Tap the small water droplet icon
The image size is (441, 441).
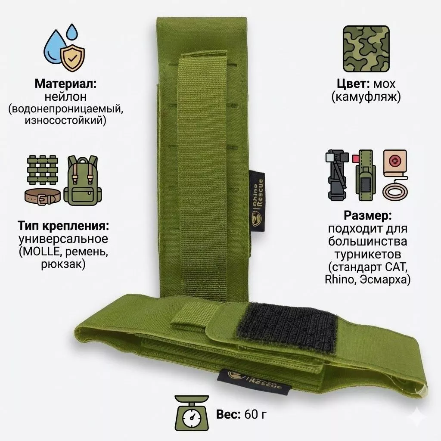[72, 31]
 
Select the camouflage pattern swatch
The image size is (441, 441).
[366, 49]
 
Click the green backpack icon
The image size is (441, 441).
[83, 180]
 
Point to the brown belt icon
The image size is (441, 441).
[43, 196]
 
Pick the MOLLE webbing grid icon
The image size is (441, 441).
[43, 170]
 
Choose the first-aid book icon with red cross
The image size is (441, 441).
[395, 164]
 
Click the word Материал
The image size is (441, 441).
[65, 84]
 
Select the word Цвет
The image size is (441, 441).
[353, 84]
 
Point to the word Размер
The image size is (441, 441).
[368, 216]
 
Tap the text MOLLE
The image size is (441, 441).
[41, 252]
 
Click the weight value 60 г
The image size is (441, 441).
[255, 414]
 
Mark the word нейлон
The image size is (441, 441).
[65, 97]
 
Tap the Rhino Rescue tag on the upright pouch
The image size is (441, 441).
[257, 202]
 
